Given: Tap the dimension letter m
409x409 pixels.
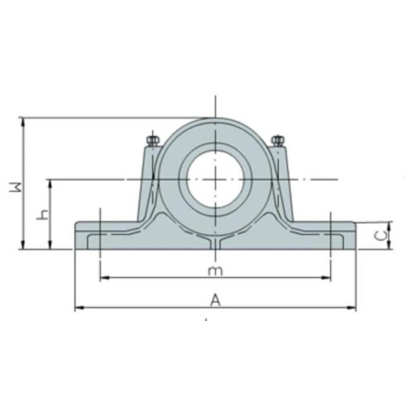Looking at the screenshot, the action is point(215,271).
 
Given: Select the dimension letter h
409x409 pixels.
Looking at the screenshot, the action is point(43,215).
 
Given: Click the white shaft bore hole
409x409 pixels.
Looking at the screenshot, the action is point(215,179).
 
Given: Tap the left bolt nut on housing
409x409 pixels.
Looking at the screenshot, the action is point(152,141).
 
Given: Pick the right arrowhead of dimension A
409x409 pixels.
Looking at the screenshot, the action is point(352,308).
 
